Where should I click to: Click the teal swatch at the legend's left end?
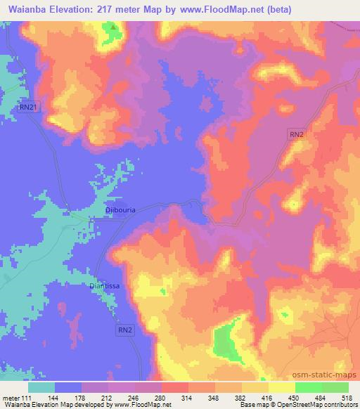click(41, 387)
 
